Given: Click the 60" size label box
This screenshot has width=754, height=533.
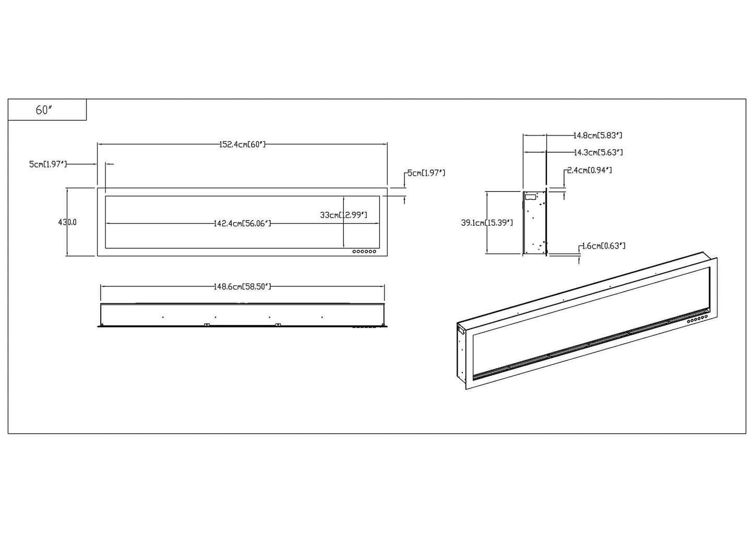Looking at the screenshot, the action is coord(47,110).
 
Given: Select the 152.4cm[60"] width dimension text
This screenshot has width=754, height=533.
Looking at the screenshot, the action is coord(242,144).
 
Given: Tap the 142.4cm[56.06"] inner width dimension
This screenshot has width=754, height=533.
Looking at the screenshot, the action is coord(242,224).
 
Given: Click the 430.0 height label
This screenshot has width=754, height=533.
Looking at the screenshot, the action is coord(68,222).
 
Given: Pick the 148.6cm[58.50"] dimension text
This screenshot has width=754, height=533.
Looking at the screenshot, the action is coord(242,286).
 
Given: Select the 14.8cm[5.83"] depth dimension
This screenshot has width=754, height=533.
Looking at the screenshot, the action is coord(597,136).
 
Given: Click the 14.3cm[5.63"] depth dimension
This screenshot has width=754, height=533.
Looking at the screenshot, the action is coord(597,153).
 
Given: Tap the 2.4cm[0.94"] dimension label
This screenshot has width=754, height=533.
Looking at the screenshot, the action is coord(589,171).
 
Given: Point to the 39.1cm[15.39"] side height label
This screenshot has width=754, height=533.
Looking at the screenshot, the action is coord(487,223).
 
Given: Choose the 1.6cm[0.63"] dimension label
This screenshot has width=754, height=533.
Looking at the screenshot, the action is coord(603,246).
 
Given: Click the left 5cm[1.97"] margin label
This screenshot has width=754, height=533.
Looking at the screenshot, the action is coord(48,164).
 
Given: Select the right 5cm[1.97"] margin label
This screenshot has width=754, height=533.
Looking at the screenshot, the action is coord(426,173).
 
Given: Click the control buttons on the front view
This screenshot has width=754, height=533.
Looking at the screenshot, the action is coord(364,252).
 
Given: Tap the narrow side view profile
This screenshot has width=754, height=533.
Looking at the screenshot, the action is coord(535,223).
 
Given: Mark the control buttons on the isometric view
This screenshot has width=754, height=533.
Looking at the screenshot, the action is coord(695,318).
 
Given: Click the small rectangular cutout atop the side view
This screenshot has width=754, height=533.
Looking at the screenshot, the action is coord(531,197).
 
